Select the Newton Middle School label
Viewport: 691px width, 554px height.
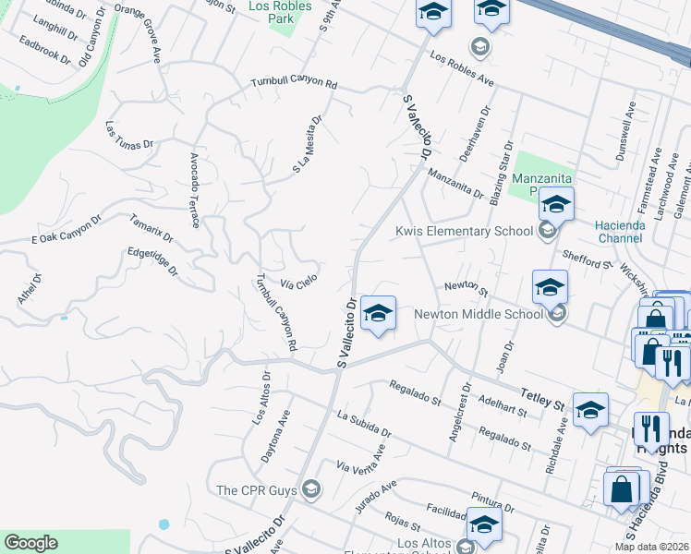(478, 314)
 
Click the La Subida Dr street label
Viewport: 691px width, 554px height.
(364, 425)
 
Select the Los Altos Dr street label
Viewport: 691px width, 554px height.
(260, 398)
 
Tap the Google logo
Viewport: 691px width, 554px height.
(30, 543)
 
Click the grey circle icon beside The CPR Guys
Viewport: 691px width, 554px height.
(311, 489)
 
